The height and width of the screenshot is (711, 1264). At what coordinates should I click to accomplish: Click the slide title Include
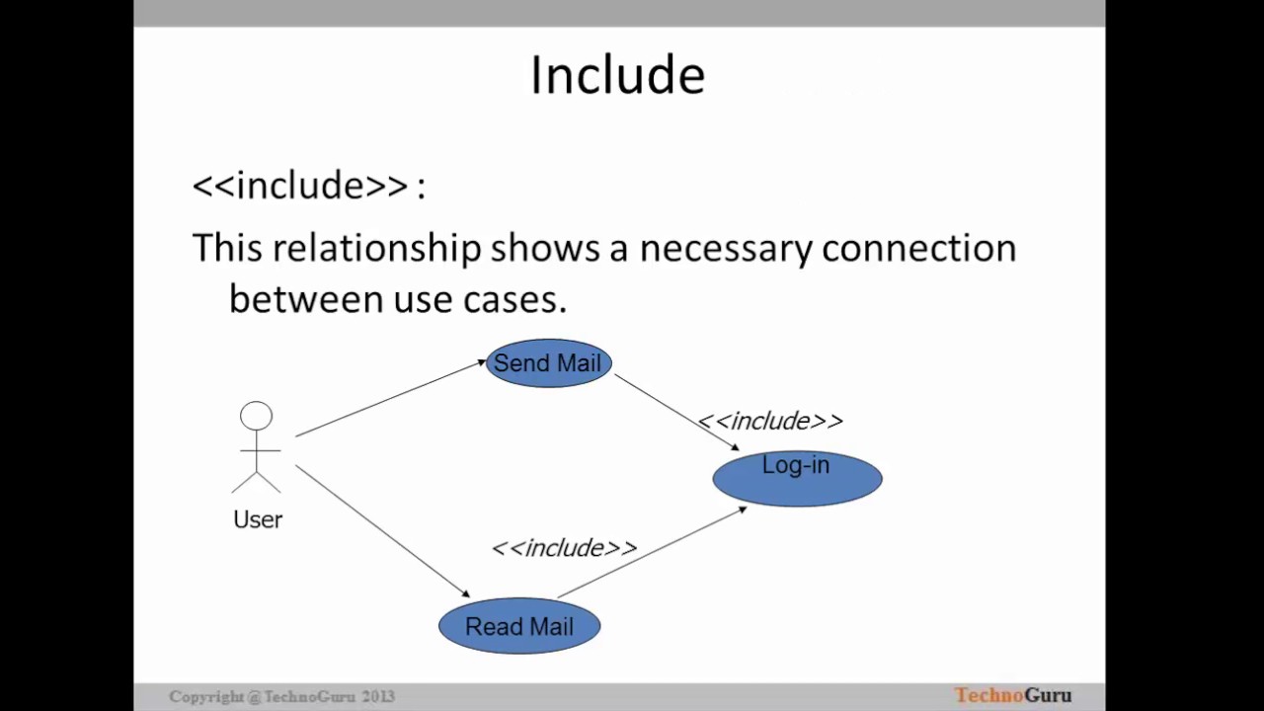[617, 75]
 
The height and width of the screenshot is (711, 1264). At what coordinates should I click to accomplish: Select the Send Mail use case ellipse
[548, 363]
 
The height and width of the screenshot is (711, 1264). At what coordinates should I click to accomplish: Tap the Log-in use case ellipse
[797, 478]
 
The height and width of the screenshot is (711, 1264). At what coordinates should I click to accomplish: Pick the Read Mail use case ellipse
[519, 626]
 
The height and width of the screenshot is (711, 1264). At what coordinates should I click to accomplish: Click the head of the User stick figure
[256, 416]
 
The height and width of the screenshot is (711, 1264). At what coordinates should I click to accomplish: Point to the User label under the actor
[258, 519]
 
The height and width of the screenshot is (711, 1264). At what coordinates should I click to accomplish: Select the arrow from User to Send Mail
[390, 399]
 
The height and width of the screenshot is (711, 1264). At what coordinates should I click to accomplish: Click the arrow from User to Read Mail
[383, 531]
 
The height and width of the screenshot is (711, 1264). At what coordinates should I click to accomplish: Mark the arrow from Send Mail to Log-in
[675, 412]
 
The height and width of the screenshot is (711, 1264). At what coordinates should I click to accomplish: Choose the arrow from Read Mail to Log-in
[652, 553]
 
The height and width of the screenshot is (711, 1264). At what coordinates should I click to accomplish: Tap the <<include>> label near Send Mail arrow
[770, 422]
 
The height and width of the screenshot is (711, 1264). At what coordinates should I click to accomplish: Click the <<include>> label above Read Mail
[564, 548]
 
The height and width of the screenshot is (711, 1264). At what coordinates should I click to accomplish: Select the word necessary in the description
[726, 248]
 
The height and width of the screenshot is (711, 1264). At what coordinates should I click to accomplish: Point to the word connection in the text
[918, 248]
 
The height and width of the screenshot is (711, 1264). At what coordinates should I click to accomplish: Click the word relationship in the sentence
[376, 248]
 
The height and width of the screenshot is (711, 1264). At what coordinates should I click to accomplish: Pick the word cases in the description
[514, 299]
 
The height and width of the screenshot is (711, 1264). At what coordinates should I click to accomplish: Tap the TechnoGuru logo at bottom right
[1012, 695]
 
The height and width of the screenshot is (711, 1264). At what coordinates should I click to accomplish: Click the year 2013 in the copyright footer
[378, 696]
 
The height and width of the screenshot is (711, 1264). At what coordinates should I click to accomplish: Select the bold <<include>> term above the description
[300, 186]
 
